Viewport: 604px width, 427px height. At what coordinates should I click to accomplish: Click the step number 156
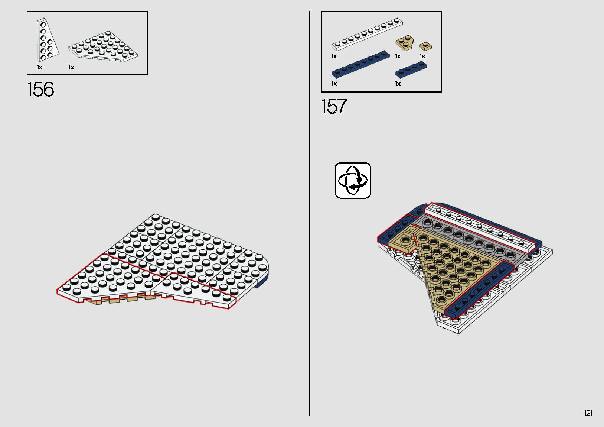pos(41,89)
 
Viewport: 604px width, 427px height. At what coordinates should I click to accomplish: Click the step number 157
pos(334,106)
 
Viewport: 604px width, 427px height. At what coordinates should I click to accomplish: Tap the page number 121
pos(588,413)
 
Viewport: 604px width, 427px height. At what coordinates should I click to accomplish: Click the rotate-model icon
pos(353,180)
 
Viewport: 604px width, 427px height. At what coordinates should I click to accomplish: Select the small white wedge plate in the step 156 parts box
pos(47,40)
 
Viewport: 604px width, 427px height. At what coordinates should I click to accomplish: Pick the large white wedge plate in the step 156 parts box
pos(103,46)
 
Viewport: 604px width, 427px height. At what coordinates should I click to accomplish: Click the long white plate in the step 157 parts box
pos(367,34)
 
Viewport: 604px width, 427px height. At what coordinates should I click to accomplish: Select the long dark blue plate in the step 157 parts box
pos(360,64)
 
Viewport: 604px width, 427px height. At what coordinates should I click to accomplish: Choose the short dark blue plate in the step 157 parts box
pos(411,69)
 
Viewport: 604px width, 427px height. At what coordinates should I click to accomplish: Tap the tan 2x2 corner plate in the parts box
pos(404,43)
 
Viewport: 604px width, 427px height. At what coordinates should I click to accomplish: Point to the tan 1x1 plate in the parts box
pos(425,46)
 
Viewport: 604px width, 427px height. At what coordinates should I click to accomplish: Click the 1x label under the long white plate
pos(334,56)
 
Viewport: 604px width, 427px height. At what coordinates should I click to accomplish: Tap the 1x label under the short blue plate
pos(398,84)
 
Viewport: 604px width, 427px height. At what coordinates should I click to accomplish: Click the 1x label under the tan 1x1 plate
pos(422,56)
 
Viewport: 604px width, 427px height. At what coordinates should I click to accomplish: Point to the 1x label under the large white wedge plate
pos(71,67)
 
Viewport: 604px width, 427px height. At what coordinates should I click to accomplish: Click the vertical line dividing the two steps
pos(310,213)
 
